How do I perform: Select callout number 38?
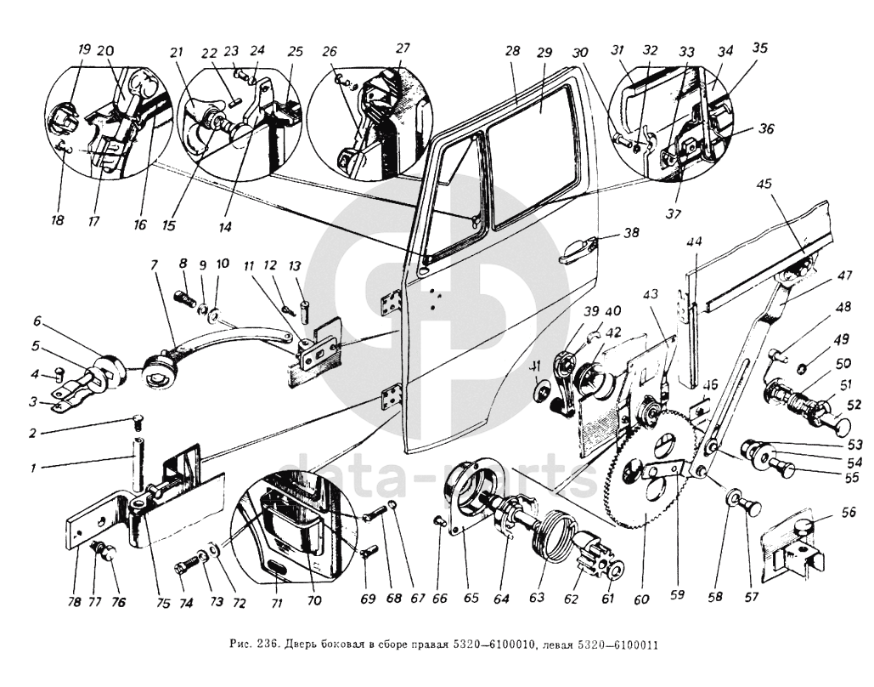[630, 233]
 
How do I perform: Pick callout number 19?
[83, 50]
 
